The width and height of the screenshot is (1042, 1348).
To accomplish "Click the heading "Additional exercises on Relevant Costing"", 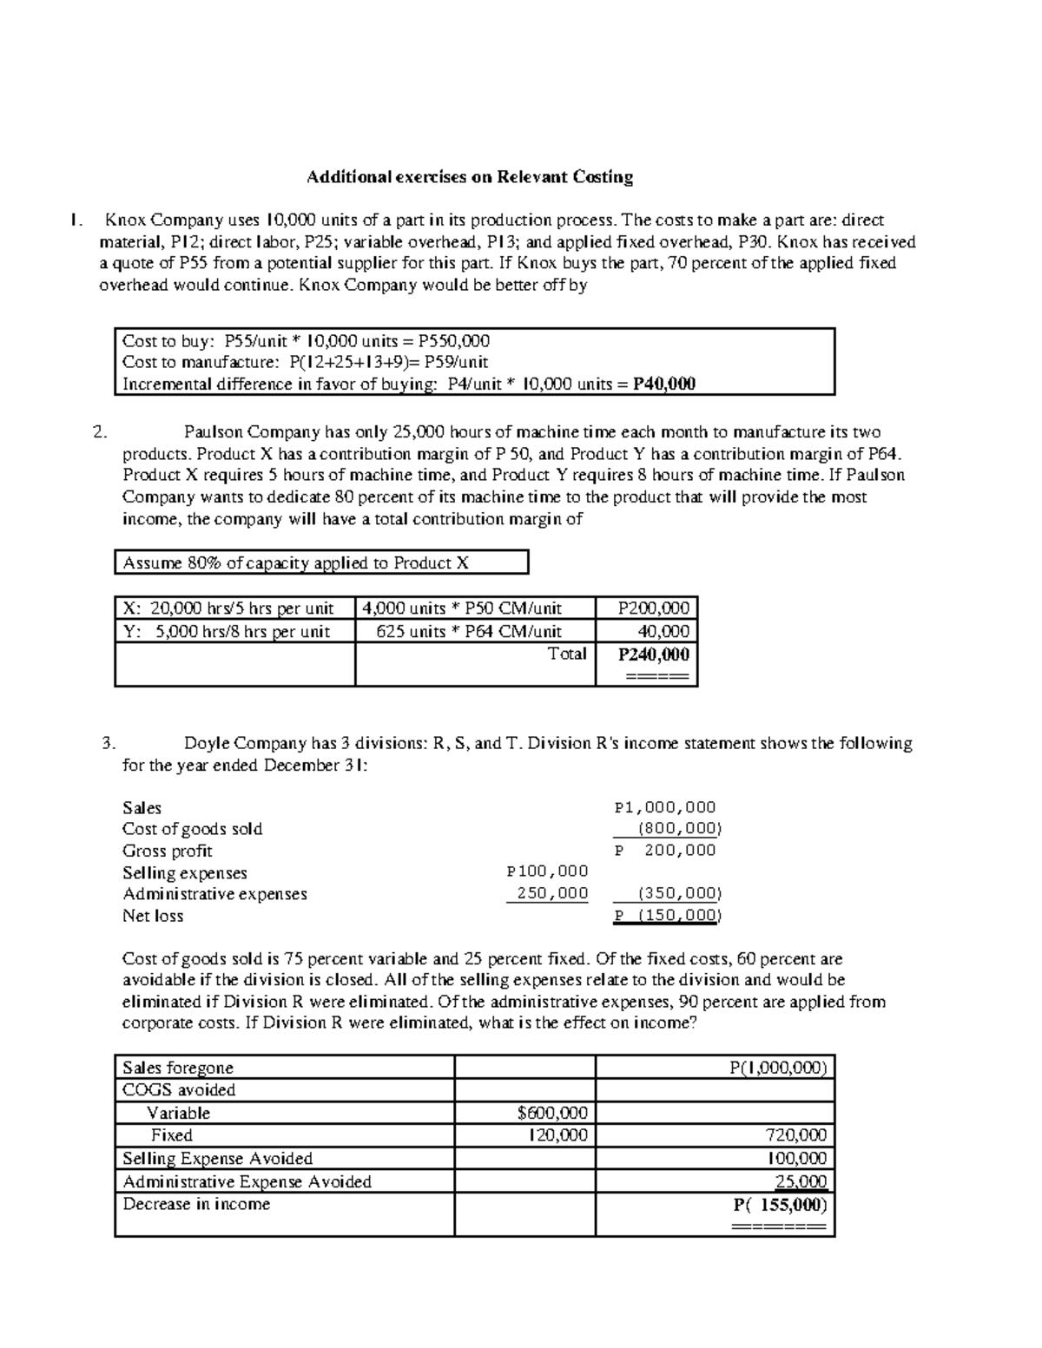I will click(469, 177).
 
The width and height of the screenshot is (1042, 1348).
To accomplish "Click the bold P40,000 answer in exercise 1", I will click(663, 385).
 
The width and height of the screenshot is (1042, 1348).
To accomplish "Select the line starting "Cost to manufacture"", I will click(305, 362).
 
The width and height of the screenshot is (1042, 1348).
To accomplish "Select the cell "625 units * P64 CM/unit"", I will click(469, 632).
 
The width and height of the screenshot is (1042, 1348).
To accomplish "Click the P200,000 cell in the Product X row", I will click(653, 608).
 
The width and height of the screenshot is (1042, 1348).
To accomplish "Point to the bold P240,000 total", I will click(653, 654).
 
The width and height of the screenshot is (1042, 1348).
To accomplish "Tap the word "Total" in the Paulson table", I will click(567, 654).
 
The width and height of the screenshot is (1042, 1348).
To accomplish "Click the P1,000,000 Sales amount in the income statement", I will click(665, 807).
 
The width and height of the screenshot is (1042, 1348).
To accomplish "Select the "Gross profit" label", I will click(167, 851).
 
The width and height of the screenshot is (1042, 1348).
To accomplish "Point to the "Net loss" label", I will click(153, 916).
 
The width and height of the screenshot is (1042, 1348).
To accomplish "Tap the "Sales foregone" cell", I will click(178, 1068).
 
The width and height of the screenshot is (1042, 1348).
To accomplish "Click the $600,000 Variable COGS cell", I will click(552, 1113).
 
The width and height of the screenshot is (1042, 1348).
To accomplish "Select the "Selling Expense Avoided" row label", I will click(217, 1158).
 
